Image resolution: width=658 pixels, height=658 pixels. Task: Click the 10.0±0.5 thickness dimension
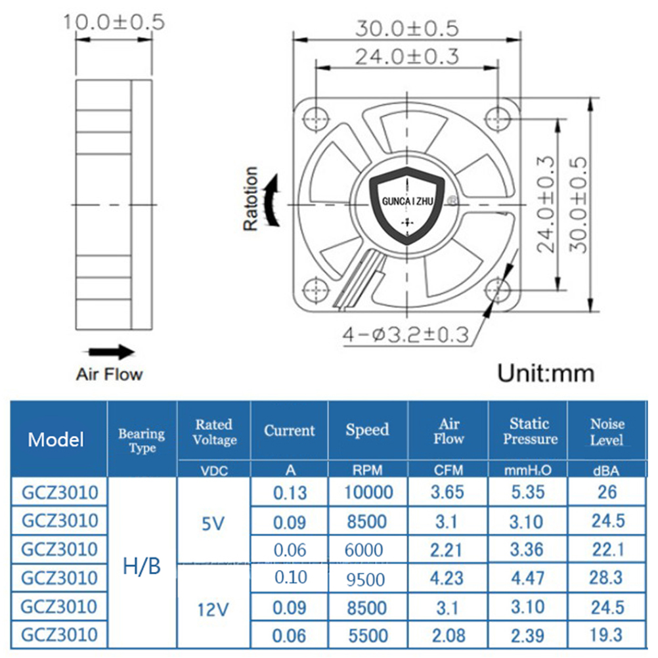tap(114, 22)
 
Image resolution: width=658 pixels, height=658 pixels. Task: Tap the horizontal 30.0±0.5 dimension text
tap(407, 28)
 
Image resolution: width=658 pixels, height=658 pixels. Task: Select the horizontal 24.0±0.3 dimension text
tap(407, 56)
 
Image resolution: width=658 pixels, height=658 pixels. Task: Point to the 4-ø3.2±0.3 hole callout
tap(405, 335)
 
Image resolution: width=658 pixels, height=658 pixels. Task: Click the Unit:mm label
tap(546, 373)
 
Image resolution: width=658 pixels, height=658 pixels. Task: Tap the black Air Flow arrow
tap(109, 352)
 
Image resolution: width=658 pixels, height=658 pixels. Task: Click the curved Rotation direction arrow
tap(271, 201)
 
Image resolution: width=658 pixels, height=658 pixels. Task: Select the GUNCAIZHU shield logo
tap(407, 205)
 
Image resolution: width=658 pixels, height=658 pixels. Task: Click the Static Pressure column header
tap(529, 431)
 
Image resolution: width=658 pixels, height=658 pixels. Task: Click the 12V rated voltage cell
tap(213, 609)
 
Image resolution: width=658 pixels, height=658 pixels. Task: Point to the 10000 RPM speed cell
tap(368, 493)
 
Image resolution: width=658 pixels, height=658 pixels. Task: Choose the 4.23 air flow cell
tap(447, 579)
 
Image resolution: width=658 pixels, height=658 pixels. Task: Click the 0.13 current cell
tap(290, 493)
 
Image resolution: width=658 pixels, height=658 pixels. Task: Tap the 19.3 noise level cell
tap(606, 635)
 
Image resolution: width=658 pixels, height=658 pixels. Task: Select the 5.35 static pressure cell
tap(528, 493)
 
